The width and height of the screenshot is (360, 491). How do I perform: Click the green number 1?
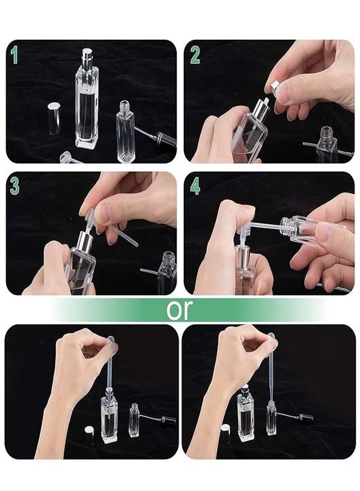point(14,56)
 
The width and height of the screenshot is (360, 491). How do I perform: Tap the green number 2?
point(195,56)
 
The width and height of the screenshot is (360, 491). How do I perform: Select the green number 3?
point(15,187)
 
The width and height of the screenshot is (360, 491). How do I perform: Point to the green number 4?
point(195,187)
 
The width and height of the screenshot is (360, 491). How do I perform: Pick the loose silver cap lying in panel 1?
point(54,118)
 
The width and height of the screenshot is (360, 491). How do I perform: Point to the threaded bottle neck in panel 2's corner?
point(327,133)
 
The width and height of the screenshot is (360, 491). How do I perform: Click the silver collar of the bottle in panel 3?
point(85,239)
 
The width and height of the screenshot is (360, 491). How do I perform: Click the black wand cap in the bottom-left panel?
point(168,420)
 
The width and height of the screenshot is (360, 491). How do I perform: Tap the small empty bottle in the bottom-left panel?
point(134,421)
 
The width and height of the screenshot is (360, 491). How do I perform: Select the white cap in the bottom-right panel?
point(225,433)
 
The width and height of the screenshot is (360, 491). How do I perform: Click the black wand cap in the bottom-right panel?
point(305,417)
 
